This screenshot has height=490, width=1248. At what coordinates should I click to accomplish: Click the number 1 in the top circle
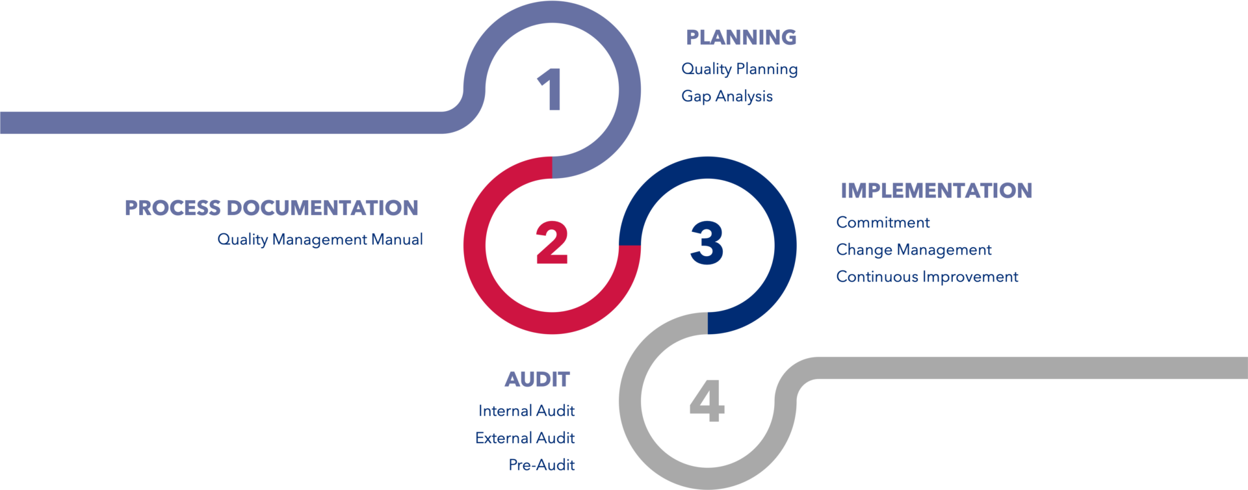point(550,89)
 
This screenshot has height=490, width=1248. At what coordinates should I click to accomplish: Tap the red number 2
point(552,242)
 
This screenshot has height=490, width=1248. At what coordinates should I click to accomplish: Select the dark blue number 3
point(707,242)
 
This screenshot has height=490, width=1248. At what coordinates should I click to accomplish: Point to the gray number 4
point(707,401)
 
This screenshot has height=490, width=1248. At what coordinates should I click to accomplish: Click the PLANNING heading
point(741,38)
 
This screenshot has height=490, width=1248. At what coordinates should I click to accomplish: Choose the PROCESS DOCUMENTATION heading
point(272,208)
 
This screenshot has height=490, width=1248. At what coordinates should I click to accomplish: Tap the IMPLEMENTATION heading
point(936,190)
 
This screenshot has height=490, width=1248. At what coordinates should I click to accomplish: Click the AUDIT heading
point(538,380)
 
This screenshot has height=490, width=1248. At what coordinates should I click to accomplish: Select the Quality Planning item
point(740,70)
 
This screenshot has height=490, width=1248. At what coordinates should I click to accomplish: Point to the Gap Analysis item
point(727,96)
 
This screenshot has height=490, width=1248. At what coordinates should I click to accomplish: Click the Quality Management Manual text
point(320,240)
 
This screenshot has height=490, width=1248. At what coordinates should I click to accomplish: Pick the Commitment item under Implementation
point(883,223)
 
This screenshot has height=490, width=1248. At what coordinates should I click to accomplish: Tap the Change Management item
point(914,250)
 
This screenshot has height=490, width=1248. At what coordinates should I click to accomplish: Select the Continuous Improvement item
point(927,277)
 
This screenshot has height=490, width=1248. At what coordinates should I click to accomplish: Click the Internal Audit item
point(526,411)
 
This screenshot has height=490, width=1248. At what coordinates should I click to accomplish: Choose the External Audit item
point(525,438)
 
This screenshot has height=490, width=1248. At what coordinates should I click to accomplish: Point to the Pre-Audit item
point(542,465)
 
